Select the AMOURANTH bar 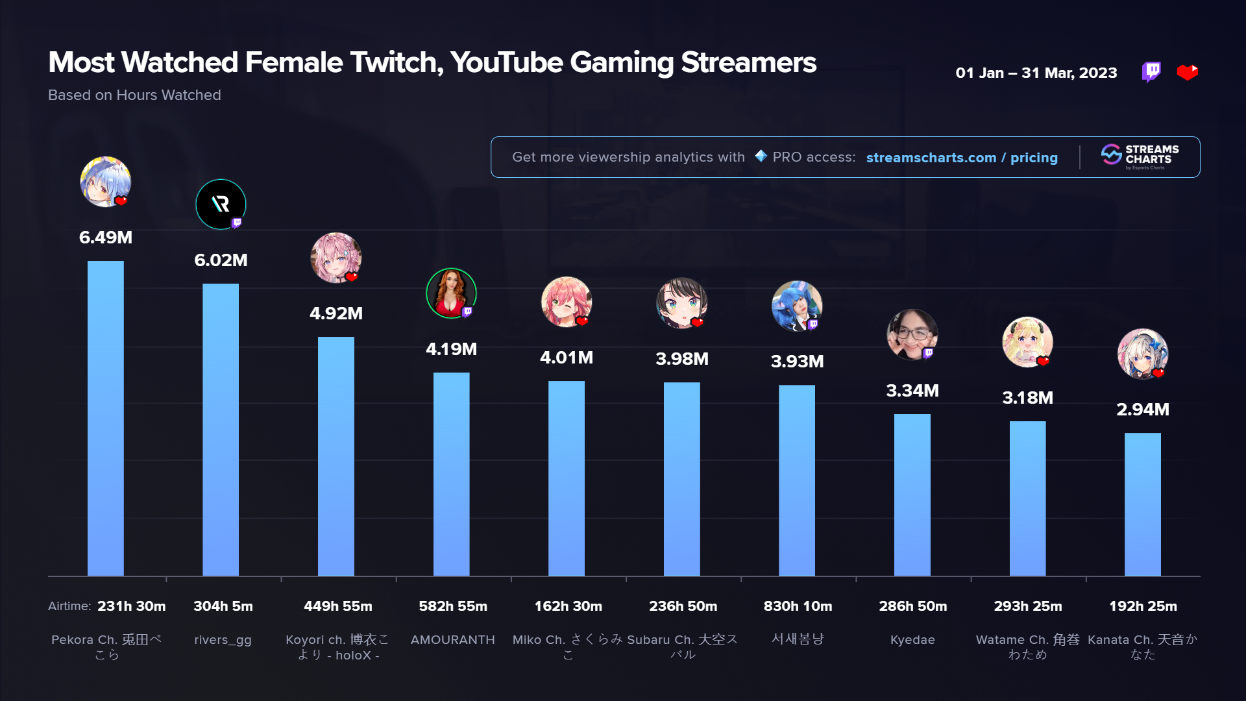[x=451, y=474]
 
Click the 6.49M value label [x=106, y=238]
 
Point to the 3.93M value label [x=797, y=362]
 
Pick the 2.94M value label [x=1142, y=410]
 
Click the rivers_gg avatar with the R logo [x=221, y=204]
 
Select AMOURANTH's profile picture [x=451, y=293]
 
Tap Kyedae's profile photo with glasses [x=912, y=335]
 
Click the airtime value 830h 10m [x=798, y=606]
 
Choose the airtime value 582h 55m [x=453, y=606]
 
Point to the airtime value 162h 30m [x=568, y=606]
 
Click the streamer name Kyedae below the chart [x=912, y=640]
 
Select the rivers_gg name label [x=223, y=640]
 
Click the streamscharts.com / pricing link [x=962, y=158]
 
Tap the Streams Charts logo [x=1140, y=156]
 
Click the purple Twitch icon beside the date [x=1151, y=72]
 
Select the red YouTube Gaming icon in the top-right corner [x=1187, y=72]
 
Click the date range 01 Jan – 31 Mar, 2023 [x=1036, y=73]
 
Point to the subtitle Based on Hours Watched [x=134, y=95]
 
